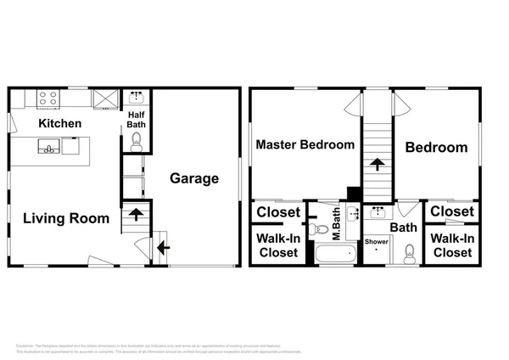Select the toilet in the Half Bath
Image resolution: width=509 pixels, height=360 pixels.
[136, 143]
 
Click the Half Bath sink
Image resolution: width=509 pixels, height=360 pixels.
[137, 97]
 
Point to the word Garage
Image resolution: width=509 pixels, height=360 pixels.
[194, 178]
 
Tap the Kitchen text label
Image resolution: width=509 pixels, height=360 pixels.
[59, 124]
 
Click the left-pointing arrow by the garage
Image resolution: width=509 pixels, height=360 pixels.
[162, 248]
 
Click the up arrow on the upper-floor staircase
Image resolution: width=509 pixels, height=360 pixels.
[376, 163]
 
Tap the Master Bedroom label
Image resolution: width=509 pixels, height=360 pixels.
[305, 145]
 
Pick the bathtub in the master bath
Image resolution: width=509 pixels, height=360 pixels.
[327, 254]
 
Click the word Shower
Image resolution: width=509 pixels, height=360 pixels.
[377, 242]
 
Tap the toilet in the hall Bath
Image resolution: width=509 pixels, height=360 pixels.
[409, 252]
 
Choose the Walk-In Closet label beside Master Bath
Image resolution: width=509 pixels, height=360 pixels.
[277, 245]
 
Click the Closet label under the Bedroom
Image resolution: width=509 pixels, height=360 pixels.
[451, 211]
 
